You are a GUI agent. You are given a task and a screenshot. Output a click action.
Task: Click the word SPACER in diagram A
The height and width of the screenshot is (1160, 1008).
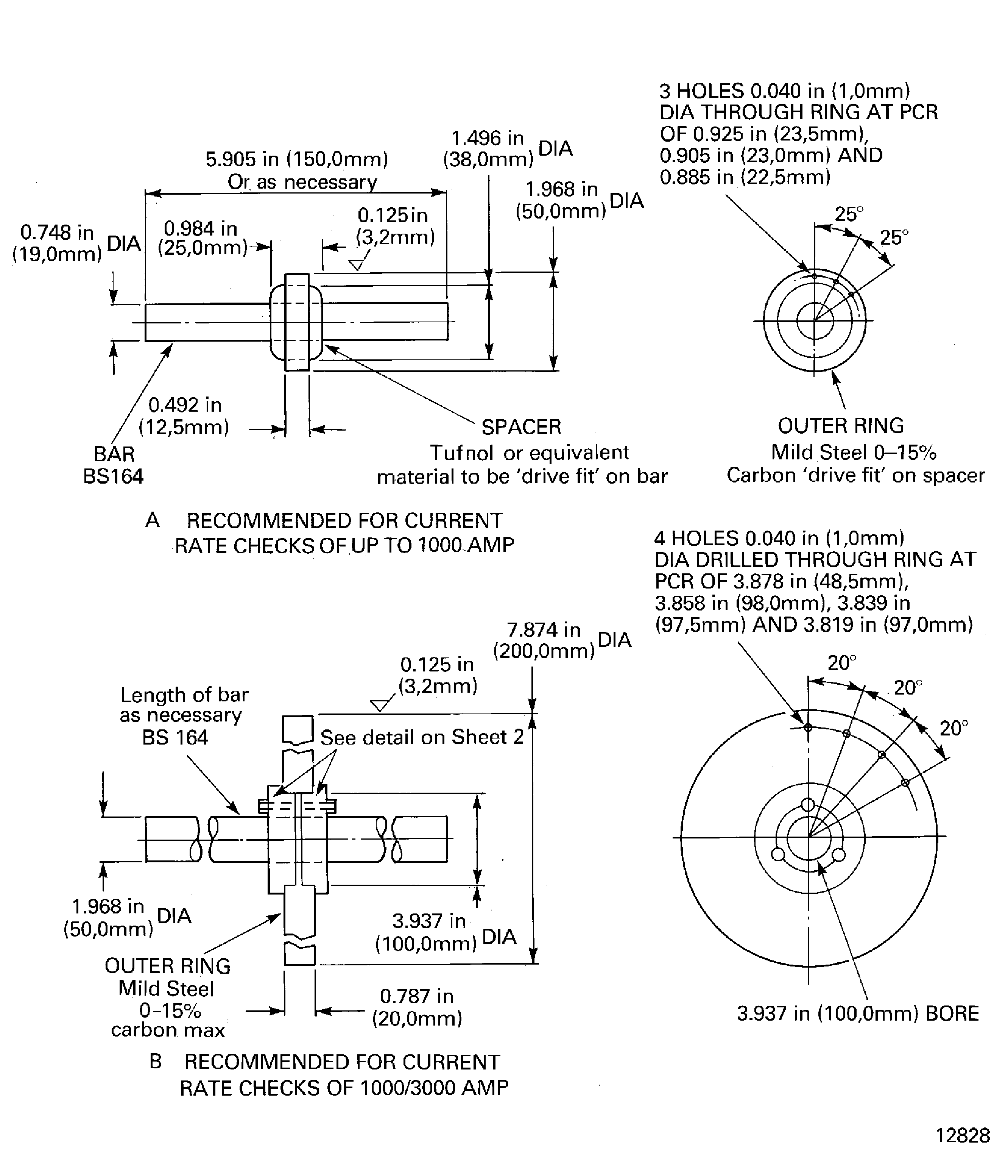pyautogui.click(x=521, y=427)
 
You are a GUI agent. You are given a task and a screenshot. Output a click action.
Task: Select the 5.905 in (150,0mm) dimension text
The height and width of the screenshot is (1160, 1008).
pyautogui.click(x=296, y=159)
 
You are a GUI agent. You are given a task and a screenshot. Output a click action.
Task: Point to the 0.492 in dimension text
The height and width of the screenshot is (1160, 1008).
pyautogui.click(x=184, y=405)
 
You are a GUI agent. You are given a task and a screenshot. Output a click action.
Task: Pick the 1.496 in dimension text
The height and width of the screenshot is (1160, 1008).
pyautogui.click(x=488, y=138)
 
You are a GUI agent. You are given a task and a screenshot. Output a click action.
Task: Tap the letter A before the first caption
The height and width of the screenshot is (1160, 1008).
pyautogui.click(x=153, y=520)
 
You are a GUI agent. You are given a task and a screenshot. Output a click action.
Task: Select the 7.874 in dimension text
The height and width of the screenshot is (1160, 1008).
pyautogui.click(x=544, y=629)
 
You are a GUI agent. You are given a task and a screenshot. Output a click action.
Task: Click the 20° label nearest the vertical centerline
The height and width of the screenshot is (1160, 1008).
pyautogui.click(x=841, y=663)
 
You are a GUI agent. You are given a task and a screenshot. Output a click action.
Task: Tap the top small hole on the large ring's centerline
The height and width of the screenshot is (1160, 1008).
pyautogui.click(x=808, y=727)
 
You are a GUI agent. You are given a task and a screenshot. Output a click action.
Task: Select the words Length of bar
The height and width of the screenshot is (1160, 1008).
pyautogui.click(x=184, y=695)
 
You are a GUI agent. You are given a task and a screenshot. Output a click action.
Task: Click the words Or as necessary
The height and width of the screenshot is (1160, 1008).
pyautogui.click(x=302, y=183)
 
